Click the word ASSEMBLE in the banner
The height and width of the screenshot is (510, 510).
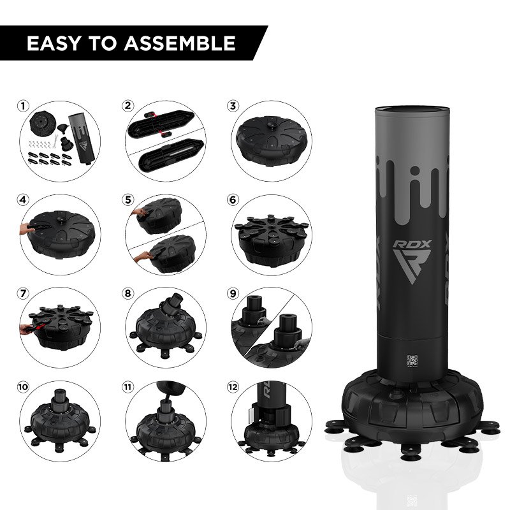click(x=179, y=43)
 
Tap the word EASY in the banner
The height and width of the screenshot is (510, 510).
click(x=54, y=43)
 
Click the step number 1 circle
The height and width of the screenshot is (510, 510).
click(x=23, y=106)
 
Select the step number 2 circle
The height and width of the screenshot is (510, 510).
click(x=128, y=106)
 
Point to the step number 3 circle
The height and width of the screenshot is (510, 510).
click(x=233, y=106)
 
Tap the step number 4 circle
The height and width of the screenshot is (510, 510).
click(x=23, y=200)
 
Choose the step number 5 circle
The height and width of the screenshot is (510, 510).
click(x=128, y=200)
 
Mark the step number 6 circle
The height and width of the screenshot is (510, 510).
click(x=233, y=200)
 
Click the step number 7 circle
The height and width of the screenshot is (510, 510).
click(x=23, y=293)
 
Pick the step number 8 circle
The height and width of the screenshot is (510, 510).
click(x=128, y=293)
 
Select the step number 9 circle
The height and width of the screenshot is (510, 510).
click(x=233, y=293)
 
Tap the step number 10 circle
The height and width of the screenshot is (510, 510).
click(x=23, y=387)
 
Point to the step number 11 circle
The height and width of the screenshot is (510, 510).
click(x=128, y=387)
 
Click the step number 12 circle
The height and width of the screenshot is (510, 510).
click(x=233, y=387)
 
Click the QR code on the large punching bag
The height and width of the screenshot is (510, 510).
click(x=412, y=360)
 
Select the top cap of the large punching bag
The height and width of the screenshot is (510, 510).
click(x=412, y=111)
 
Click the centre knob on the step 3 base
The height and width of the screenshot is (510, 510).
click(x=272, y=125)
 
